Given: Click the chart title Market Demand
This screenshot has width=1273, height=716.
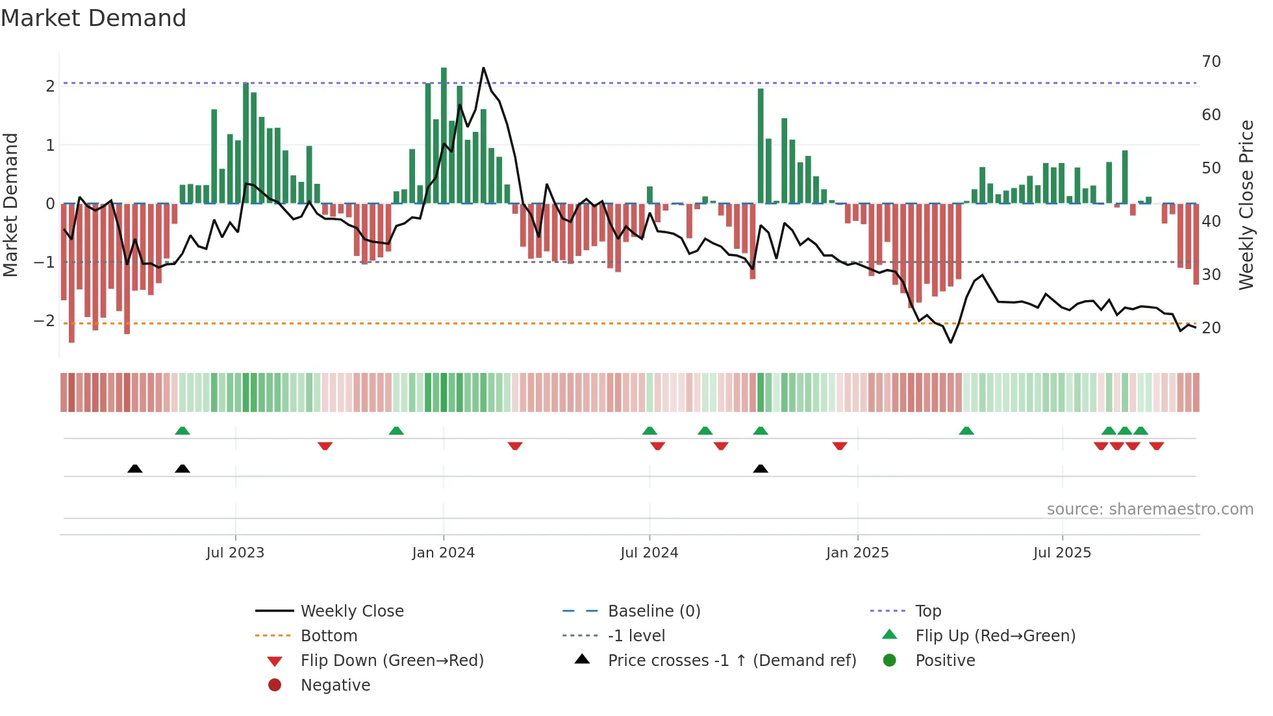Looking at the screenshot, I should coord(94,18).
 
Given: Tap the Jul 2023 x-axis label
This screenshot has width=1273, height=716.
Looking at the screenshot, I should coord(235,553).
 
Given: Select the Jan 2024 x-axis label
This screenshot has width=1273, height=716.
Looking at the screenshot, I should coord(443,553).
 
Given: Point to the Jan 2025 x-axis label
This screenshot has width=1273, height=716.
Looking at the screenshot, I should coord(857,553).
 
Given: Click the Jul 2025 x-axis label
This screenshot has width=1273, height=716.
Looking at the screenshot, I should coord(1062,553).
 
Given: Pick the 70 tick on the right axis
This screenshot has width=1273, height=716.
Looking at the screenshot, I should coord(1211,62).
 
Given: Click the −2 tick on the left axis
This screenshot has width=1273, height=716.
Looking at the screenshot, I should coord(44,321).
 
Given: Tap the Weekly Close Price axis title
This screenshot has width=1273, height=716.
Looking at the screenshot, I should coord(1246,205).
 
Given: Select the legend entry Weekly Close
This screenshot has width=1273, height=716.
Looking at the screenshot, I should coord(351,611).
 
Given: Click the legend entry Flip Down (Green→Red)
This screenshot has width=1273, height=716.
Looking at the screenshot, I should coord(392,661).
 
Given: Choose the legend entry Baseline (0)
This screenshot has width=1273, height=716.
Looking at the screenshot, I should coord(653,611).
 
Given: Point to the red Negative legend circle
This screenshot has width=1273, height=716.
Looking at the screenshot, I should coord(275,685).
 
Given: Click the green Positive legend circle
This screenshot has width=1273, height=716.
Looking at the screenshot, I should coord(890,661).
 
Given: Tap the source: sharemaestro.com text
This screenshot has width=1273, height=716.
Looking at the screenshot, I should coord(1150,509).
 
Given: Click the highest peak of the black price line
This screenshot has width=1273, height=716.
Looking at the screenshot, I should coord(483,68).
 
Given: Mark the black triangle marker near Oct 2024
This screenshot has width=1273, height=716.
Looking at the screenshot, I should coord(761,468).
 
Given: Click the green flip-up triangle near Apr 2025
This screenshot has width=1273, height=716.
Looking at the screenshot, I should coord(966,431).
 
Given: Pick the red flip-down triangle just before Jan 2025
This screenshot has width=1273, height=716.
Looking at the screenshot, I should coord(840,446).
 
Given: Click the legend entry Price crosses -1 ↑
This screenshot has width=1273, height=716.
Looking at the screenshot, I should coord(731,661).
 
